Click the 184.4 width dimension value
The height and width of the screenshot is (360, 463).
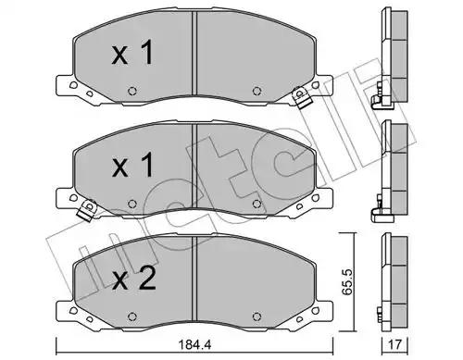point(196,344)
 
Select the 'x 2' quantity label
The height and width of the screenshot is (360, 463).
point(134,279)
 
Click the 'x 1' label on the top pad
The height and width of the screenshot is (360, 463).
point(132,53)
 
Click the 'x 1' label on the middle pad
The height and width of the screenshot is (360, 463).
point(132,166)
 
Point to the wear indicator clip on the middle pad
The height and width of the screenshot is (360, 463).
point(87,210)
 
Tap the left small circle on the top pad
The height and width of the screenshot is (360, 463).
point(132,91)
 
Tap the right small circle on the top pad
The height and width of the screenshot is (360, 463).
point(257,91)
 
